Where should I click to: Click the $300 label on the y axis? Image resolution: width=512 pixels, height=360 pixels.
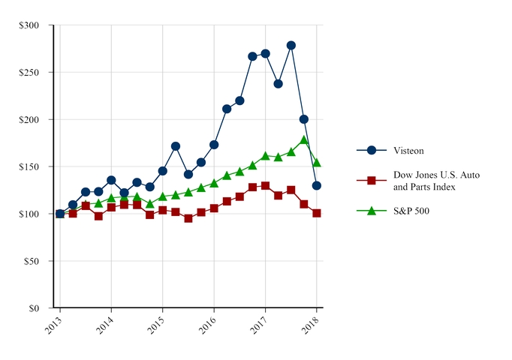[x=32, y=25]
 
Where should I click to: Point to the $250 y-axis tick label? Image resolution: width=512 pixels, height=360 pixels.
[x=32, y=72]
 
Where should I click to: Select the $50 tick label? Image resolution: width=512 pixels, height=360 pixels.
[x=34, y=261]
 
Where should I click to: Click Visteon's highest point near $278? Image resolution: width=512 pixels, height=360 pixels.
[x=291, y=45]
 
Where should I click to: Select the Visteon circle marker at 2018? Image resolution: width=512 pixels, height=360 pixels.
[x=317, y=185]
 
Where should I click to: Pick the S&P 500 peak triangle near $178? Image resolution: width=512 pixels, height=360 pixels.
[x=304, y=140]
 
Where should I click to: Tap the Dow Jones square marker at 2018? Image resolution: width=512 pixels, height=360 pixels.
[x=317, y=213]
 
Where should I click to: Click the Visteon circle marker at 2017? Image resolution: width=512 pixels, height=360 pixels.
[x=265, y=53]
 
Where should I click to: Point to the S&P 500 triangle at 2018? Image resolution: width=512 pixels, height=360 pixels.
[x=317, y=163]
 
